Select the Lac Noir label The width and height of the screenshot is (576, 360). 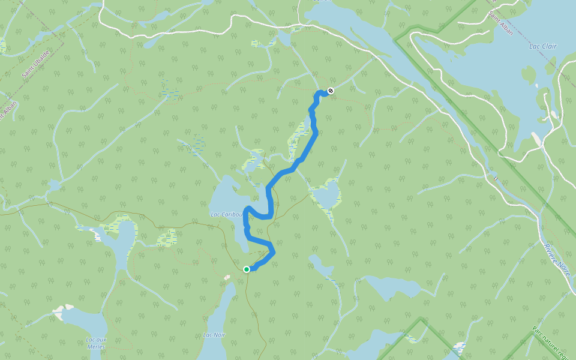pyautogui.click(x=214, y=335)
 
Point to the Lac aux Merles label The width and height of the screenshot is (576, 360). pyautogui.click(x=95, y=343)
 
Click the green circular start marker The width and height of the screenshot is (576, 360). pyautogui.click(x=247, y=269)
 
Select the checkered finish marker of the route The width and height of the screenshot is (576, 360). pyautogui.click(x=330, y=91)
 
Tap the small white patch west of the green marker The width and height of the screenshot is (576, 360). pyautogui.click(x=227, y=277)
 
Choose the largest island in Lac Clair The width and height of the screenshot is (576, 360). pyautogui.click(x=528, y=75)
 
